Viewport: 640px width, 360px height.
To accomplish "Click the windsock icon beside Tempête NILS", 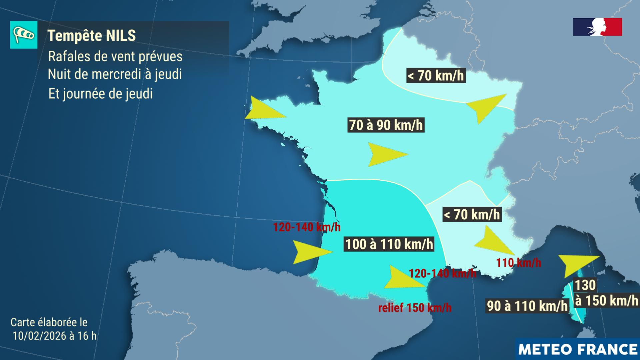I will point(24,35).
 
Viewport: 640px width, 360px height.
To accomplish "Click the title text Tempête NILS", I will point(92,36).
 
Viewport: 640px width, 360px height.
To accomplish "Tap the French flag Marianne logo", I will point(597,27).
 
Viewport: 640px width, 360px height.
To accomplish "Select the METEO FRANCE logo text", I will point(578,349).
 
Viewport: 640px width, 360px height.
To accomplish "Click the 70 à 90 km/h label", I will point(386,125).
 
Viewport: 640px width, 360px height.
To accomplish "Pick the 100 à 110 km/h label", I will point(389,244).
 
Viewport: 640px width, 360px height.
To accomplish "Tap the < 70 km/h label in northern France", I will point(436,76).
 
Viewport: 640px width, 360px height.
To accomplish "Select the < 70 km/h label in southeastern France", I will point(472,214).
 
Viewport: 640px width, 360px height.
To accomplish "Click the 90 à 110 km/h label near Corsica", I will point(527,306).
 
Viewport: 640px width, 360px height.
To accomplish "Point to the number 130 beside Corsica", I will point(585,285).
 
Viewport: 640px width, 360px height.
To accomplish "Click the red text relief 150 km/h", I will point(415,308).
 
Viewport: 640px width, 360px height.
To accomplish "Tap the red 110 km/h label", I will point(518,263).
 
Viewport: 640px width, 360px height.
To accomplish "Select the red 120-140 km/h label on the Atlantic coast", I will point(307,227).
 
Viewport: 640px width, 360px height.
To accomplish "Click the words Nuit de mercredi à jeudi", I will point(115,74).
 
